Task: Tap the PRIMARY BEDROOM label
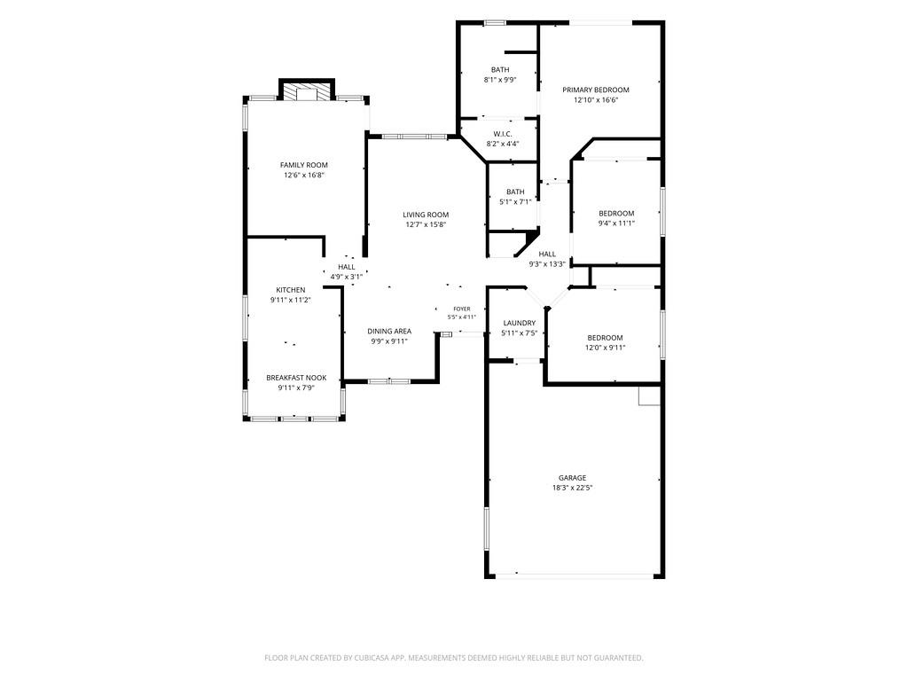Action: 595,90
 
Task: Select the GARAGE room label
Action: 572,478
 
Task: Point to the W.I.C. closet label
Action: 503,134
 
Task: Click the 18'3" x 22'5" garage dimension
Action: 572,488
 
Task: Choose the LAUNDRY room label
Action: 520,323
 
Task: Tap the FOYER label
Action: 462,309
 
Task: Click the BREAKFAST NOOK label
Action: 296,378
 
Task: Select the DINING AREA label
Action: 389,332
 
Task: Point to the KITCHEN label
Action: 291,290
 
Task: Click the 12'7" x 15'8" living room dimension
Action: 426,224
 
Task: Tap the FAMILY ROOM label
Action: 304,165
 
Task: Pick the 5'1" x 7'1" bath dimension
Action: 515,202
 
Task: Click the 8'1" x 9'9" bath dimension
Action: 500,80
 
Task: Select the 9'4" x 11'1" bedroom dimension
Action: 617,223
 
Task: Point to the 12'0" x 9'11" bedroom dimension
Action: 605,348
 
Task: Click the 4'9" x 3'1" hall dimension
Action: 347,277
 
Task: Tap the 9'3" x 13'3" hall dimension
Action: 547,264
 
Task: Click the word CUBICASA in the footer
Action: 374,658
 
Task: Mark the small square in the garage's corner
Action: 650,395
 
